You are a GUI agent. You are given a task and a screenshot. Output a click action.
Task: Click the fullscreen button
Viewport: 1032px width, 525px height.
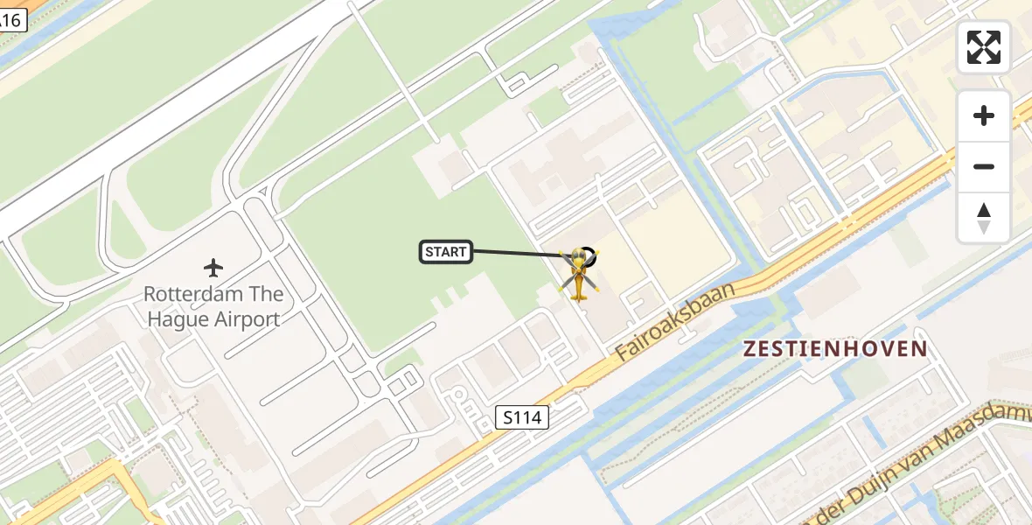(984, 47)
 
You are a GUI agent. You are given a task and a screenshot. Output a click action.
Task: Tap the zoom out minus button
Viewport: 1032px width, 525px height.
(984, 166)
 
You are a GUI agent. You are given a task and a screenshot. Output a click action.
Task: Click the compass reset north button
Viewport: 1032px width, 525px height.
(984, 217)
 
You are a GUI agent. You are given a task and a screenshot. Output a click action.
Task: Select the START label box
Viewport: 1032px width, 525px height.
(446, 252)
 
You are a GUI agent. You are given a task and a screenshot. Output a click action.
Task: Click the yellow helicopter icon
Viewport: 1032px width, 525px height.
(579, 271)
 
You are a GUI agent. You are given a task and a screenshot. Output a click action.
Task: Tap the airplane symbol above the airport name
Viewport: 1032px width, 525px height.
(213, 267)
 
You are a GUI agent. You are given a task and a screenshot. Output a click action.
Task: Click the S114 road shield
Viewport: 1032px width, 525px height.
(522, 417)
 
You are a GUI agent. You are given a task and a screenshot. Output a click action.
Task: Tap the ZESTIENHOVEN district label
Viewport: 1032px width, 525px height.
(834, 349)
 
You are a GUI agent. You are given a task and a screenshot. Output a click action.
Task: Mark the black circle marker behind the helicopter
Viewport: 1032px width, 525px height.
(589, 257)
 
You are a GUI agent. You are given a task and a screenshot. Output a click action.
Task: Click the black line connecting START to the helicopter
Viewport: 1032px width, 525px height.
(516, 254)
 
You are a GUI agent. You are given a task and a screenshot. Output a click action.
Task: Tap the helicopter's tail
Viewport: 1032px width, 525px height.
(578, 294)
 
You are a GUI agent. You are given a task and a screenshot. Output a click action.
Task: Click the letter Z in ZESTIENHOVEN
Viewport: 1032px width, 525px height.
(750, 349)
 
